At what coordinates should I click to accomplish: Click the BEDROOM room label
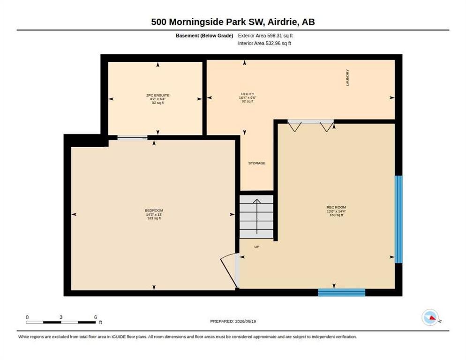point(154,210)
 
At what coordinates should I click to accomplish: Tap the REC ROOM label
point(336,207)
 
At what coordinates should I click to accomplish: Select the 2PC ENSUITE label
point(158,96)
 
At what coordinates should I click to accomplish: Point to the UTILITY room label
point(248,94)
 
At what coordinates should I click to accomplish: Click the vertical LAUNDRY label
point(347,78)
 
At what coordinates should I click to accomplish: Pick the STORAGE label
point(257,163)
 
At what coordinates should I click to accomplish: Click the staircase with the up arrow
point(256,217)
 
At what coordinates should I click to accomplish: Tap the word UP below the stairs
point(257,247)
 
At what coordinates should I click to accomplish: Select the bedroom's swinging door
point(230,270)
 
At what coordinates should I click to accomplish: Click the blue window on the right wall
point(398,219)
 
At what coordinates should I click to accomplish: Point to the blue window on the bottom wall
point(341,292)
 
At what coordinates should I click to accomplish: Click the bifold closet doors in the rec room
point(310,125)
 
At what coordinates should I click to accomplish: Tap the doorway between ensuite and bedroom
point(132,138)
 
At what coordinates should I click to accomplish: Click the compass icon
point(430,317)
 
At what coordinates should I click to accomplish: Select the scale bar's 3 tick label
point(61,317)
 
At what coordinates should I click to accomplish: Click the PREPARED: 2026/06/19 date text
point(233,322)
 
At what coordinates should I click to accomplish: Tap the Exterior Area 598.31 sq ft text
point(265,36)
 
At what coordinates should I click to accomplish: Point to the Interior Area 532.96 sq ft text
point(264,44)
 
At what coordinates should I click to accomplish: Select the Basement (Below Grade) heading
point(204,36)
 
